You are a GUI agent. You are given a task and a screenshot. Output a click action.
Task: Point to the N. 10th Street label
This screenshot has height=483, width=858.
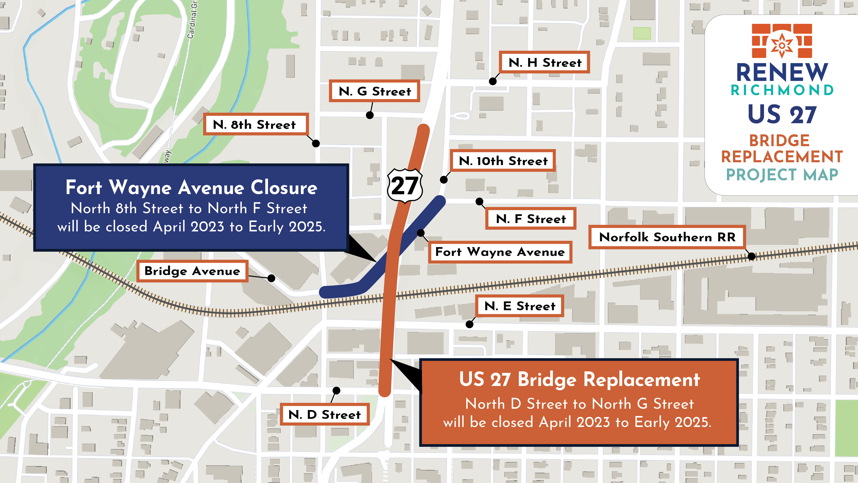pyautogui.click(x=503, y=161)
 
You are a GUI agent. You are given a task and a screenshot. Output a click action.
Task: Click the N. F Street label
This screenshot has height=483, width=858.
pyautogui.click(x=531, y=219)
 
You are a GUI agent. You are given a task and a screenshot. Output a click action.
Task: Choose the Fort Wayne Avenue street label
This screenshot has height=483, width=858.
pyautogui.click(x=500, y=252)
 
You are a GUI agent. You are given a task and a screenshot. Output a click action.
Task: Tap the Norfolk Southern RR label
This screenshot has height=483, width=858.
pyautogui.click(x=667, y=237)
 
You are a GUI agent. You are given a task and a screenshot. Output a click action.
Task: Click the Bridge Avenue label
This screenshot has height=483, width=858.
pyautogui.click(x=192, y=271)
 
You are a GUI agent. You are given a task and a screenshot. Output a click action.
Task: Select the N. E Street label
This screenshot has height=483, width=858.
pyautogui.click(x=520, y=306)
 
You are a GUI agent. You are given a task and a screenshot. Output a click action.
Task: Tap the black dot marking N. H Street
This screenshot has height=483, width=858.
pyautogui.click(x=493, y=81)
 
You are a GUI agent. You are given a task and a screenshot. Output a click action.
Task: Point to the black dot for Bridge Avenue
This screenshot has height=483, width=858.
pyautogui.click(x=272, y=278)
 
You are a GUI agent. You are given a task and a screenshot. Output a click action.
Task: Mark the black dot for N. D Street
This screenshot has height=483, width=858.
pyautogui.click(x=336, y=390)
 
